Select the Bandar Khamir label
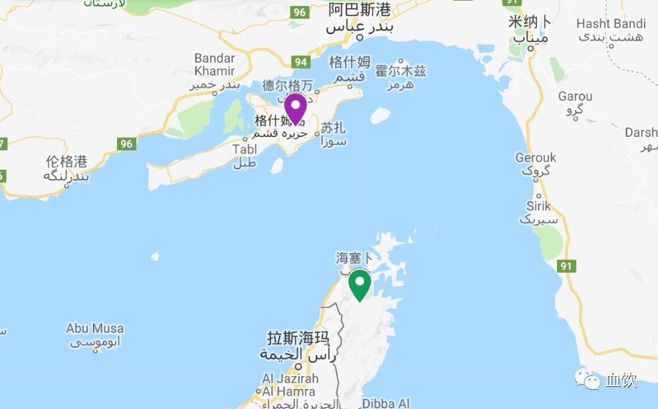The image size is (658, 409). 215,65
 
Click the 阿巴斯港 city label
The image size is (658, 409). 359,10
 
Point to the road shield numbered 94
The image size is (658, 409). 300,62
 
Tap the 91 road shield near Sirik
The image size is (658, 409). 567,267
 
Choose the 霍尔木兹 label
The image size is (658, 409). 400,71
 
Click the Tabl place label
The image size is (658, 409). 245,149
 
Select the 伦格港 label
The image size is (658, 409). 67,162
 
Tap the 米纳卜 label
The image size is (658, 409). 530,21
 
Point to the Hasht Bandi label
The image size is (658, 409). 611,24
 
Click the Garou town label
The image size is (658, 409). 575,97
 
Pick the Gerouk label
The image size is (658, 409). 536,158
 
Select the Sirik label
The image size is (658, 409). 538,206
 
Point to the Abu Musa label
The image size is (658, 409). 94,328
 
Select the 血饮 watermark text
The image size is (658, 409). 621,381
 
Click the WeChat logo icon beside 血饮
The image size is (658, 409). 588,380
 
